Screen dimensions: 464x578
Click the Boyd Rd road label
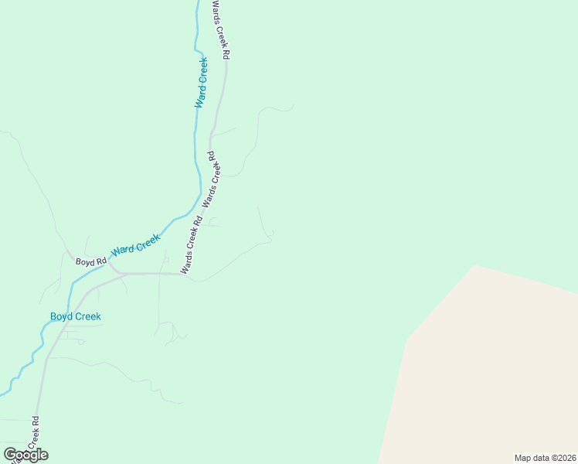[90, 262]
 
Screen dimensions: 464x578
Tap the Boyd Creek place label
[76, 316]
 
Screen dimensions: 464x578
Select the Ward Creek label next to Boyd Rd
[136, 246]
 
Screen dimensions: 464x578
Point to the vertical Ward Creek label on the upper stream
[201, 82]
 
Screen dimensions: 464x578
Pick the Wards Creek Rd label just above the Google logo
[33, 436]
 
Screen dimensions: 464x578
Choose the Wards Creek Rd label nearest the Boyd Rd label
[192, 245]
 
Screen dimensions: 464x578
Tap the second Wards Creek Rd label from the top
[211, 179]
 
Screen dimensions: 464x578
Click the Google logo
[25, 455]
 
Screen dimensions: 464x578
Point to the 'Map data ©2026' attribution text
[545, 458]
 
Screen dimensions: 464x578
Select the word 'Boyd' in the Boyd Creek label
[62, 316]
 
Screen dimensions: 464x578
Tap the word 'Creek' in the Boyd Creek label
[88, 316]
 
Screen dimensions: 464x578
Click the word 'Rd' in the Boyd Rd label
[101, 262]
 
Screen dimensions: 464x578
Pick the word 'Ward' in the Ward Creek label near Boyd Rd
[122, 251]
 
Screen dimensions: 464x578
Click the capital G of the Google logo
[10, 455]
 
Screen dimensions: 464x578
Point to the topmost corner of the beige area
[474, 266]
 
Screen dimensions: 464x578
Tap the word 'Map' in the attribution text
[523, 458]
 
